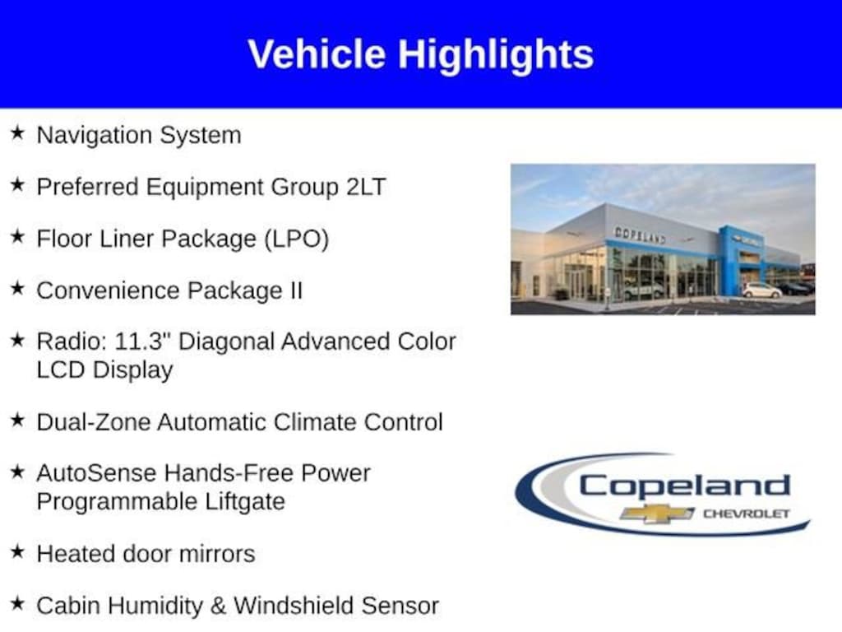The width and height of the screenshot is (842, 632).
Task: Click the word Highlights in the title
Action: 496,55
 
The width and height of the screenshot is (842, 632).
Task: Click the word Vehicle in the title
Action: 317,54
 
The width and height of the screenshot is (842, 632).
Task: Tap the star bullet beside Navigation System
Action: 17,132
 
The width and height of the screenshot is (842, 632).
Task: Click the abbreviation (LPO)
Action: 296,239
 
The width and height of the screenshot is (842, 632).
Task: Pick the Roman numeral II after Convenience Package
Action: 297,290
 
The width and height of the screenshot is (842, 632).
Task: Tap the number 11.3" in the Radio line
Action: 143,342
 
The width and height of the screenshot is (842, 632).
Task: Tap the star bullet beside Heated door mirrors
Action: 17,551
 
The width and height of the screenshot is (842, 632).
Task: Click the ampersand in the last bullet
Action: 218,606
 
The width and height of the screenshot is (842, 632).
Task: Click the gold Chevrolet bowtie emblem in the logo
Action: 657,513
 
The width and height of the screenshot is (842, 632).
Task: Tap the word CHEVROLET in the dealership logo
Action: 747,513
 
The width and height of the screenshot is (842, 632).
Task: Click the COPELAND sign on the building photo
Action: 640,235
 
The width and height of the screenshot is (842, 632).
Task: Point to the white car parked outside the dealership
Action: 761,290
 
